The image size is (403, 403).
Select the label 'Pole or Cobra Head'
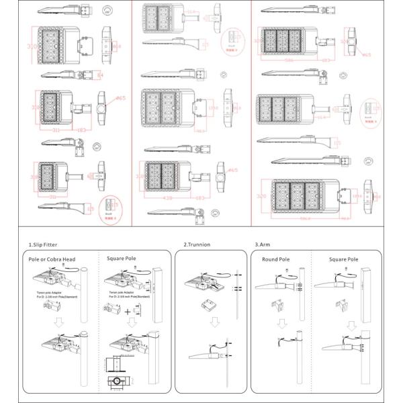pyautogui.click(x=52, y=258)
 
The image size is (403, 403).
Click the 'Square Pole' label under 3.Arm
pyautogui.click(x=344, y=259)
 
